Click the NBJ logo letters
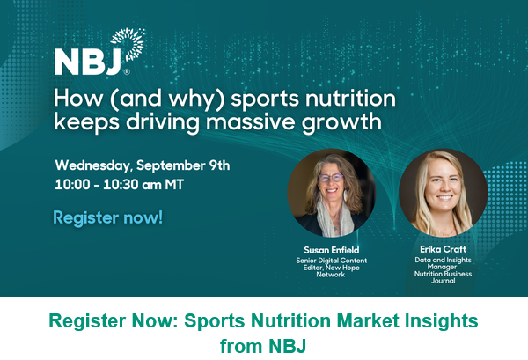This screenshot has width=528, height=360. tap(88, 62)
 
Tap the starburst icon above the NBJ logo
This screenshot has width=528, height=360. tap(129, 43)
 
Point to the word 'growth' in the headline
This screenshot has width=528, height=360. tap(341, 122)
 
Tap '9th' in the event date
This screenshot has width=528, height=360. tap(219, 165)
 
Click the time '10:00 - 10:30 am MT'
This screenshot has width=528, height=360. tap(119, 185)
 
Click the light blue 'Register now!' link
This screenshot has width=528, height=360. tap(107, 217)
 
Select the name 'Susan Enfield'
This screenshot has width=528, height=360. tap(332, 250)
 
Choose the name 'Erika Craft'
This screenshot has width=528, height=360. tap(443, 249)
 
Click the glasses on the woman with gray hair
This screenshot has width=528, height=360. tap(330, 178)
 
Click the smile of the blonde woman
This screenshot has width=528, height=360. tap(444, 197)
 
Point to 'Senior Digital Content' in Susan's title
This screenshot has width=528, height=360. tap(332, 261)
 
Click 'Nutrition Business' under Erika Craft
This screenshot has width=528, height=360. tap(443, 274)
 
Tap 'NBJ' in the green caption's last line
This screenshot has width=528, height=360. tap(287, 346)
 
